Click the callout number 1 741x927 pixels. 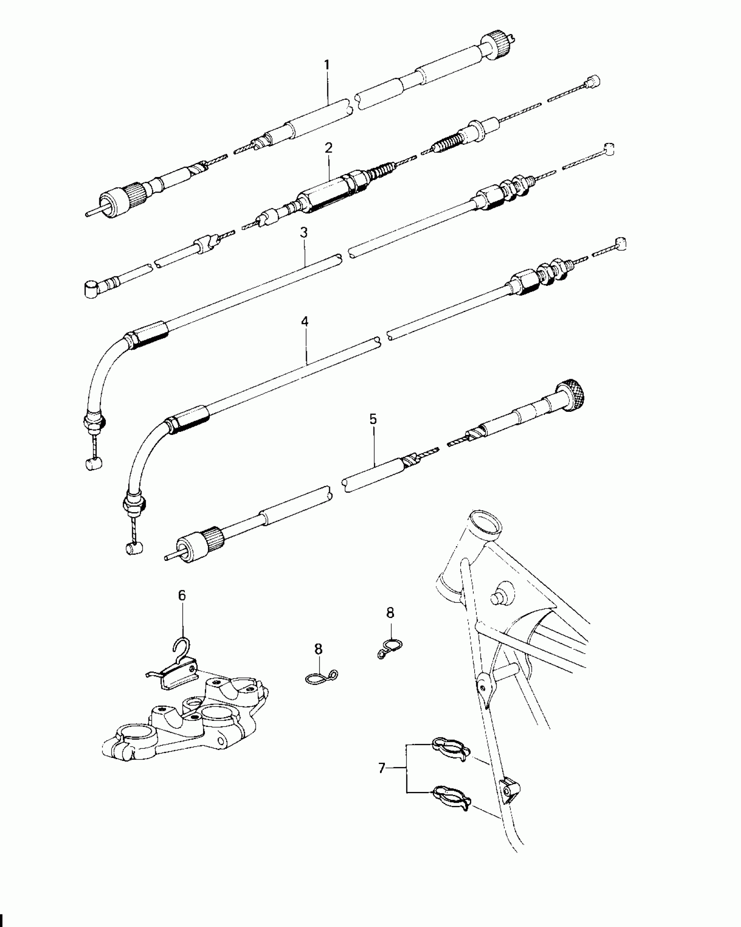pos(326,65)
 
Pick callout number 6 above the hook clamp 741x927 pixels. pos(182,595)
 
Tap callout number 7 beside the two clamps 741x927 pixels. pos(382,768)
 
